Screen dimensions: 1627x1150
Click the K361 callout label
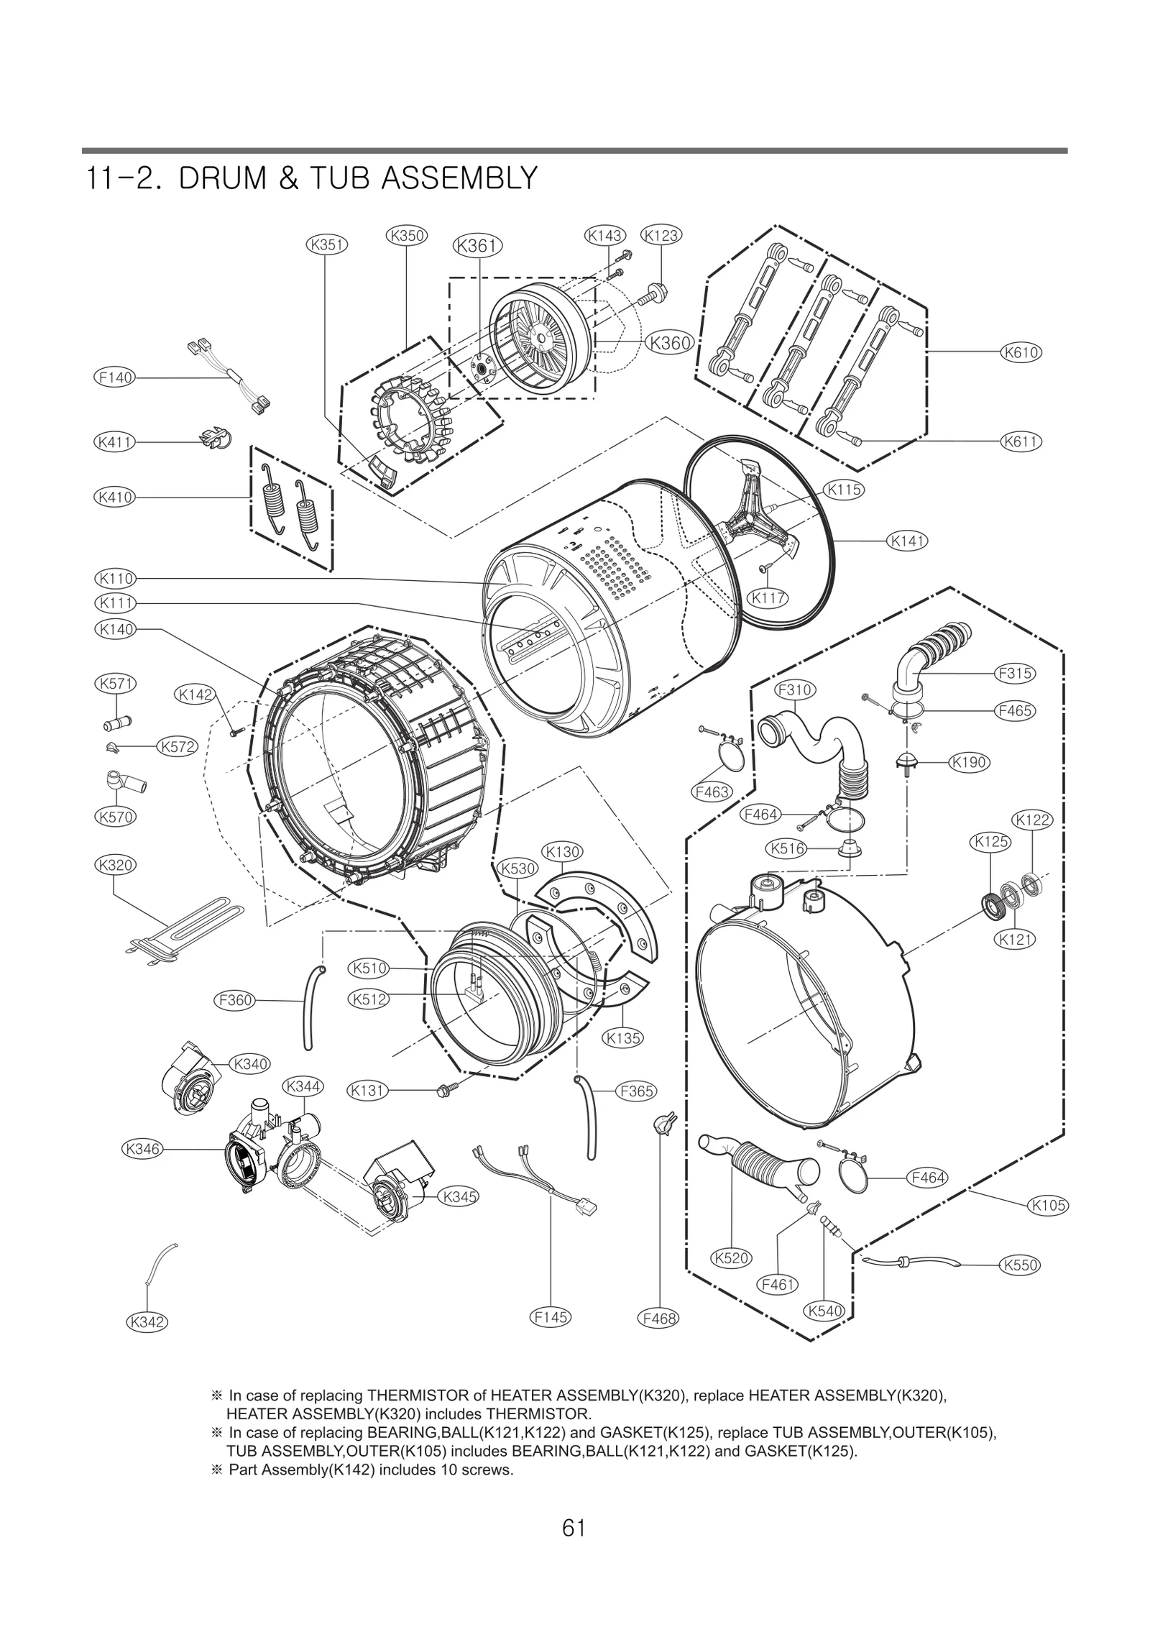pos(477,246)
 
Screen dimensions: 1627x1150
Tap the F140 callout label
pos(115,377)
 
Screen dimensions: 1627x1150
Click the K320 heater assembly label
pos(115,865)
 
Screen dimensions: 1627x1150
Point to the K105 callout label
pos(1049,1205)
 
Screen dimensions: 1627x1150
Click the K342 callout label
pos(147,1321)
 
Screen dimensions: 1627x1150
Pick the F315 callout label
pos(1015,674)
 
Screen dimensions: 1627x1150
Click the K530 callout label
pos(518,868)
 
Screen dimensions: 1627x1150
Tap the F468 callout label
pos(658,1319)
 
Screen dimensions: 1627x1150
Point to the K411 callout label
pos(115,441)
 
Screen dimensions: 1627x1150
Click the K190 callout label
pos(969,762)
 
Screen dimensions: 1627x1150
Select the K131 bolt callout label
pos(367,1091)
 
